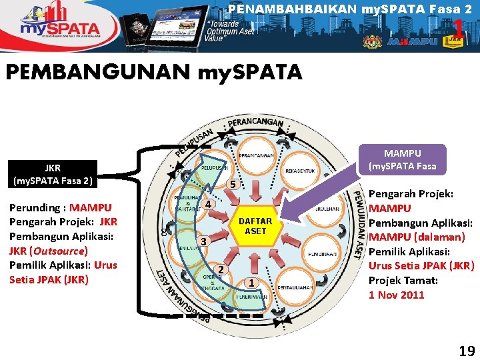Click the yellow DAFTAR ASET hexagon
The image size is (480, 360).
pyautogui.click(x=255, y=226)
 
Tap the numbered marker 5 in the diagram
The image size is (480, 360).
pyautogui.click(x=231, y=184)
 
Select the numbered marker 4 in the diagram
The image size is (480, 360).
pyautogui.click(x=208, y=204)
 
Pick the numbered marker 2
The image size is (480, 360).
pyautogui.click(x=221, y=269)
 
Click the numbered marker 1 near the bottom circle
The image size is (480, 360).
pyautogui.click(x=251, y=283)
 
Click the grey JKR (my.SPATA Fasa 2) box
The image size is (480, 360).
pyautogui.click(x=53, y=175)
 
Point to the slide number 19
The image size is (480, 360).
pyautogui.click(x=466, y=351)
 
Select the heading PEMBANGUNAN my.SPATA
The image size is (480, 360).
pyautogui.click(x=154, y=71)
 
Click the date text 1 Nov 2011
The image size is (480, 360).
pyautogui.click(x=397, y=295)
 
